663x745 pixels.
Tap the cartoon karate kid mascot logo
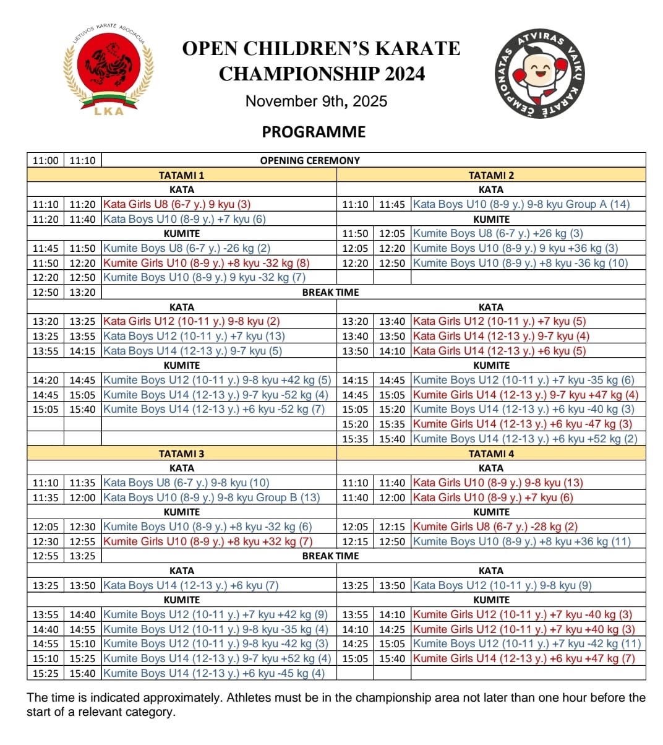[x=542, y=74]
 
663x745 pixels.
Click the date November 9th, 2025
[x=316, y=101]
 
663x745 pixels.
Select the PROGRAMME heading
[x=314, y=132]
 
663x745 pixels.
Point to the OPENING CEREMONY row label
[x=310, y=160]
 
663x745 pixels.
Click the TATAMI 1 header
[x=181, y=175]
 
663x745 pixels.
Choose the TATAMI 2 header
[x=491, y=175]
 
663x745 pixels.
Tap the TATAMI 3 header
[x=181, y=454]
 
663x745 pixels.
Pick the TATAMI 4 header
[x=491, y=454]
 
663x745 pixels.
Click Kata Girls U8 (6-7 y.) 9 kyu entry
[x=177, y=204]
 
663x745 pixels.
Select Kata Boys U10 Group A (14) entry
[x=521, y=204]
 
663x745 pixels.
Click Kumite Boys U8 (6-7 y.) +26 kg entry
[x=498, y=233]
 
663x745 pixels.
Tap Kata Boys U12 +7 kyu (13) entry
[x=194, y=336]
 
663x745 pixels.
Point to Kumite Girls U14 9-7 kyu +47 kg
[x=526, y=395]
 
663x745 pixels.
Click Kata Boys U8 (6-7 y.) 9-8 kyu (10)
[x=186, y=483]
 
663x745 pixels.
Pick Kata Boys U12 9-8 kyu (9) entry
[x=502, y=585]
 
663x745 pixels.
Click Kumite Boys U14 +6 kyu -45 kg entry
[x=214, y=673]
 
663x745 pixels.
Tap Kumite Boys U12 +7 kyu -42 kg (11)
[x=527, y=644]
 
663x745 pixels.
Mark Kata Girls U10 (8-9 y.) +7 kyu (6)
[x=493, y=497]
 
